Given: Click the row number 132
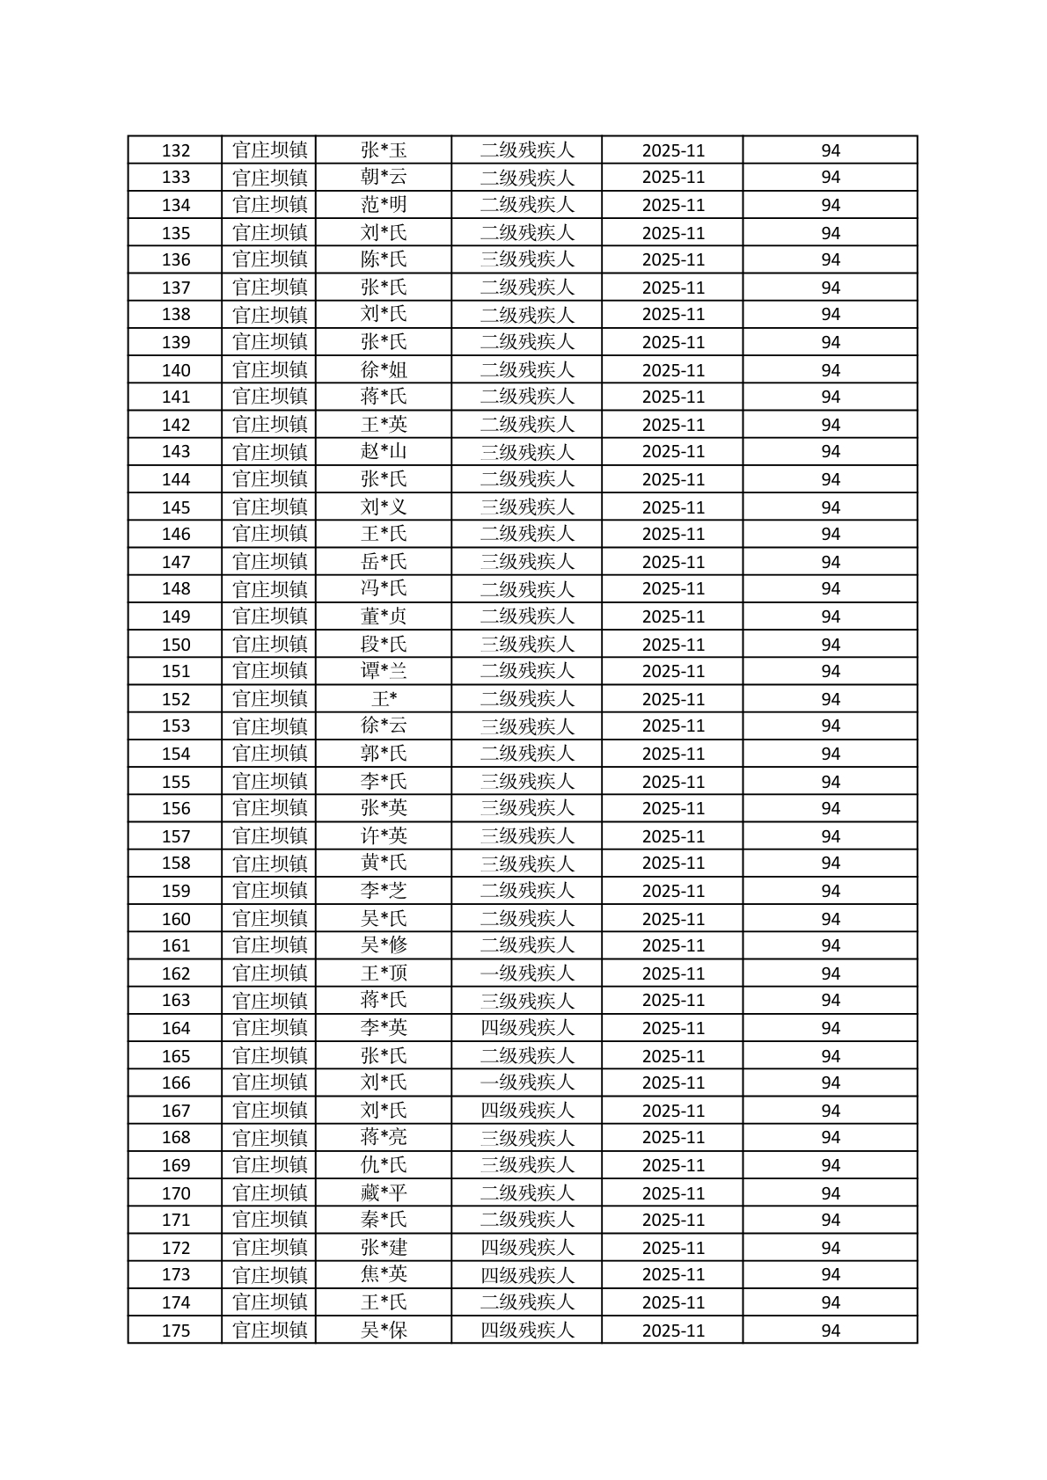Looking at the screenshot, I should tap(176, 150).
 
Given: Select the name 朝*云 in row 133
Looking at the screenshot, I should tap(384, 178).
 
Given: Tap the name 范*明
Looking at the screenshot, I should tap(384, 205).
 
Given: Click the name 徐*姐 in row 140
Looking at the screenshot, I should tap(384, 369).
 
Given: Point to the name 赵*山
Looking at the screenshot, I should tap(384, 452).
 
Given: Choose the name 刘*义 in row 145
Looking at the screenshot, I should tap(384, 507).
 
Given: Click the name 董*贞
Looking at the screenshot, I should tap(384, 616).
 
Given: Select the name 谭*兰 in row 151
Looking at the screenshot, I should tap(384, 671).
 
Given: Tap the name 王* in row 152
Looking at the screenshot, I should tap(384, 699).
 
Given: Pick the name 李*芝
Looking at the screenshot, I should tap(384, 891).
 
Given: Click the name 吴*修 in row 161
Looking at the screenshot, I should tap(384, 945).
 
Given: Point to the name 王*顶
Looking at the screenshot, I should tap(384, 973).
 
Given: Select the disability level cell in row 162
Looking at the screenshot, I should tap(526, 973).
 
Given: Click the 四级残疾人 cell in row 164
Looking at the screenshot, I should tap(526, 1028).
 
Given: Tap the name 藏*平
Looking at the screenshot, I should tap(384, 1193).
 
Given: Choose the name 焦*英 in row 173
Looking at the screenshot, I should tap(384, 1274).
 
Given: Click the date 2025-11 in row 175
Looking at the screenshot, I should tap(673, 1331).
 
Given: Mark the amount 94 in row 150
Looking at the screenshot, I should tap(831, 645).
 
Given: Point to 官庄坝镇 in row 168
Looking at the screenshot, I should tap(269, 1138).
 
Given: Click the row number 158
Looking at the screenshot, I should tap(176, 864).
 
